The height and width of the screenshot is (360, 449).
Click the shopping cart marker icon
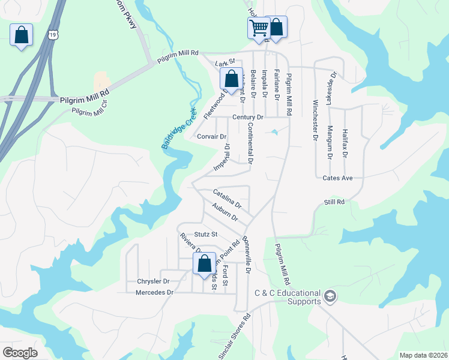259,28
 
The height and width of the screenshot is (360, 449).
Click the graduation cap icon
330,296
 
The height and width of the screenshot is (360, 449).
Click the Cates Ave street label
337,178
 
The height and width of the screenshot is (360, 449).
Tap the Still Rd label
334,203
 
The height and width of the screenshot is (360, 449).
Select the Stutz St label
205,234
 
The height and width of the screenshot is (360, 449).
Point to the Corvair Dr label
210,136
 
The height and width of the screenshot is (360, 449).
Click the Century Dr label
248,117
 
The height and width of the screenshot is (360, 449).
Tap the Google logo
20,353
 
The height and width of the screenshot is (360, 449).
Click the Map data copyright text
423,355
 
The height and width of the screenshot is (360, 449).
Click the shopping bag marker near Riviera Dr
204,263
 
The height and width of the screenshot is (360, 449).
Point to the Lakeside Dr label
331,87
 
